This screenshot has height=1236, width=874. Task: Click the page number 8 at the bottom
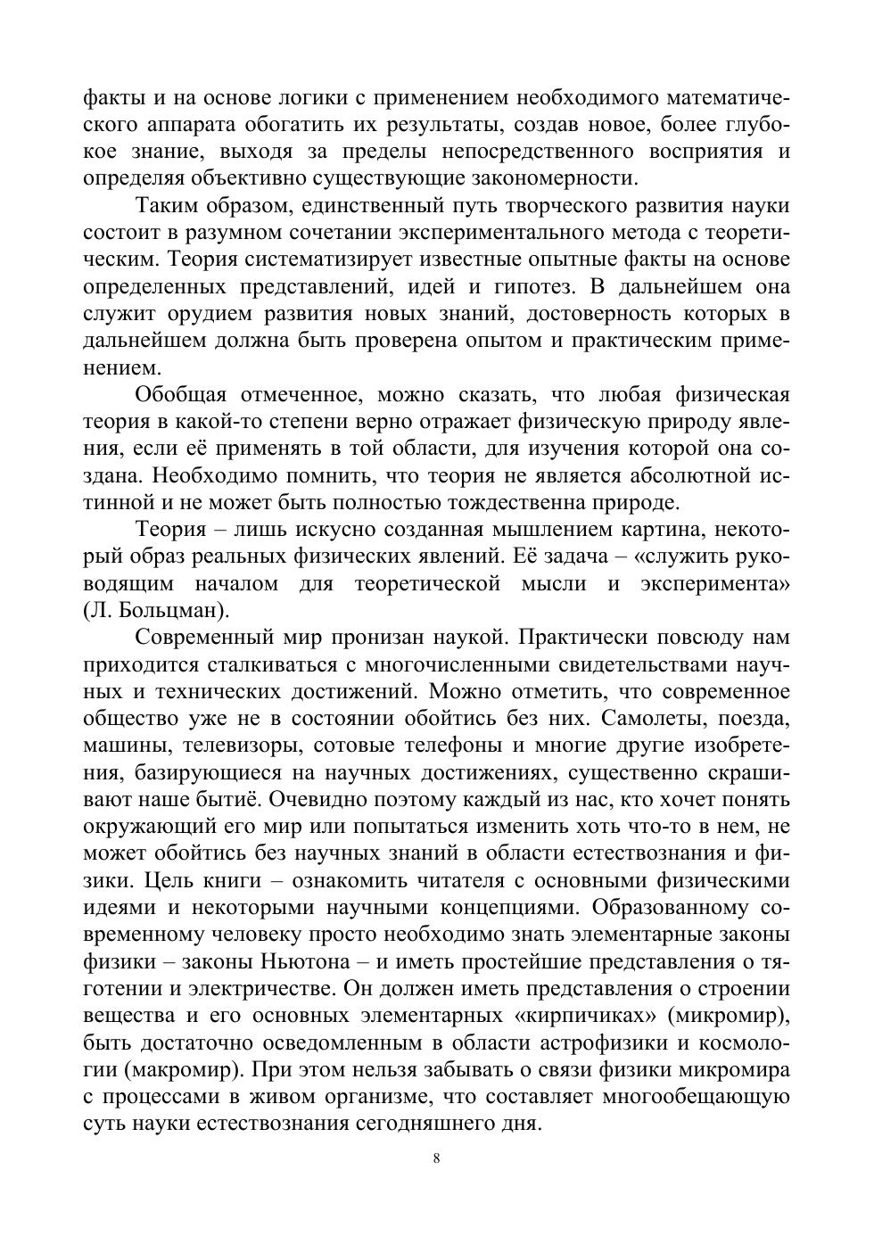(436, 1158)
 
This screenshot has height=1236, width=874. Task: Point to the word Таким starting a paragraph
(167, 206)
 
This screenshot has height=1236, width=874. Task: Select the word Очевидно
(317, 799)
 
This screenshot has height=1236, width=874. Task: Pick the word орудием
(204, 314)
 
